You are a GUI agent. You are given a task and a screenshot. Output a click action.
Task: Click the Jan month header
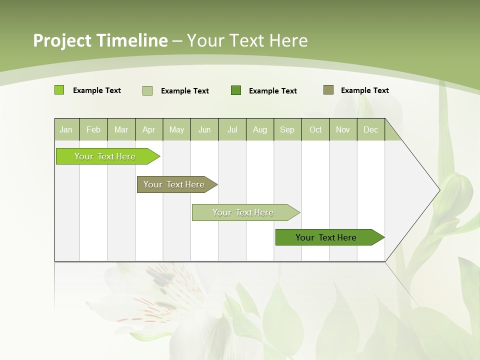tap(66, 129)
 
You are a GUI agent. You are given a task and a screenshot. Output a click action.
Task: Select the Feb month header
tap(93, 129)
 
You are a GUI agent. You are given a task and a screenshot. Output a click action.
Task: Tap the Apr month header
tap(149, 129)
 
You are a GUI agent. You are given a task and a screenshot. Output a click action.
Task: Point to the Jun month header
tap(204, 129)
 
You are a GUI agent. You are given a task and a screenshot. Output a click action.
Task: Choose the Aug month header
tap(260, 129)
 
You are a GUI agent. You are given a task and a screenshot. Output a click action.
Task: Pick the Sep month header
tap(287, 129)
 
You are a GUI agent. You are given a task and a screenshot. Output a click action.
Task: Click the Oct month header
tap(315, 129)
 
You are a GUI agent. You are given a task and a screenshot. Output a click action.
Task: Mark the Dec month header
tap(371, 129)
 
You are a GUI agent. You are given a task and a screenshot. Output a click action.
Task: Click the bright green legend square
tap(59, 90)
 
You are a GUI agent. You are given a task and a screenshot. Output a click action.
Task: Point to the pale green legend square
tap(147, 90)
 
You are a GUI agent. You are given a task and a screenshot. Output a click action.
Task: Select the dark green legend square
tap(236, 90)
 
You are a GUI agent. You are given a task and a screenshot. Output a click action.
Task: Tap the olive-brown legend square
tap(328, 90)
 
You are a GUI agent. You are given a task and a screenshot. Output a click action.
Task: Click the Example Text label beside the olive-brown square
tap(364, 90)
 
